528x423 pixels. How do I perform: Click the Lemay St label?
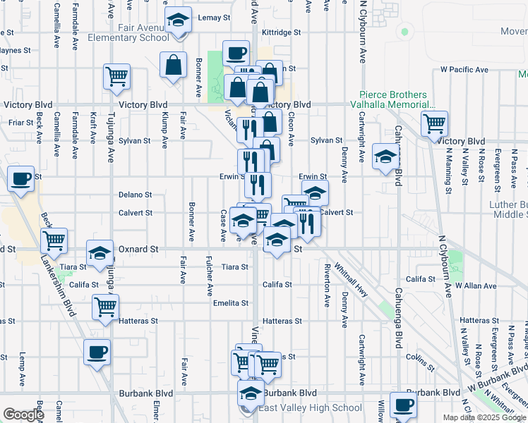click(x=215, y=17)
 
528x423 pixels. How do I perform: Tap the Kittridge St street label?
click(x=281, y=32)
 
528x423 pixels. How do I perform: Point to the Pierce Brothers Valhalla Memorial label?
click(x=393, y=99)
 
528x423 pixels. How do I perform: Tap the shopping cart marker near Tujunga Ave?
click(x=116, y=77)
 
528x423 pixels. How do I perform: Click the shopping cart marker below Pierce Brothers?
click(x=434, y=124)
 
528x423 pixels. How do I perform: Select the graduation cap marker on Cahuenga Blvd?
click(x=385, y=157)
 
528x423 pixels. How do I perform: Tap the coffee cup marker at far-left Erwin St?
click(x=21, y=178)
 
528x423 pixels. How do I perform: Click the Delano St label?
click(x=136, y=195)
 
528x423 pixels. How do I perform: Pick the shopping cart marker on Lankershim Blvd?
click(x=54, y=241)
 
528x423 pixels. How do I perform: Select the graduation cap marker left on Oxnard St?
click(x=100, y=253)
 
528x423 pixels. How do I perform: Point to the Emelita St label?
click(x=231, y=303)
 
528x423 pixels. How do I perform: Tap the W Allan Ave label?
click(x=477, y=286)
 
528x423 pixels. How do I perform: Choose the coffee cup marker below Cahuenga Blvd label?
click(x=402, y=405)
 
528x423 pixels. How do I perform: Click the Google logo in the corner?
click(x=23, y=415)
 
